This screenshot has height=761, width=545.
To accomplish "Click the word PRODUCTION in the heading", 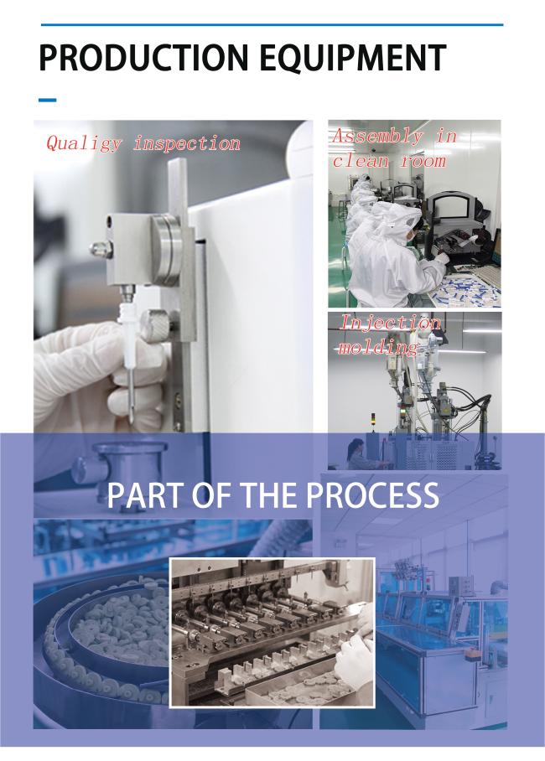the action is pyautogui.click(x=143, y=57).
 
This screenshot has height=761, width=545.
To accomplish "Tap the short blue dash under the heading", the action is pyautogui.click(x=47, y=100).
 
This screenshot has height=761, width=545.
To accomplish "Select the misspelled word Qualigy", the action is pyautogui.click(x=84, y=143).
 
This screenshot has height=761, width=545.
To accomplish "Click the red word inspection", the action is pyautogui.click(x=187, y=143).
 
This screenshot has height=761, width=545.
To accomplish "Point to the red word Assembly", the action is pyautogui.click(x=378, y=137).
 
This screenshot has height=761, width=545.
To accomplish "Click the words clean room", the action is pyautogui.click(x=389, y=160).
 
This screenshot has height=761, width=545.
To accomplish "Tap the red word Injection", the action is pyautogui.click(x=391, y=323).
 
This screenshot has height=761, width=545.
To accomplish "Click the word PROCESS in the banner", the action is pyautogui.click(x=372, y=495).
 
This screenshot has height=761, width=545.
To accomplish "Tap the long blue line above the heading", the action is pyautogui.click(x=272, y=24).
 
